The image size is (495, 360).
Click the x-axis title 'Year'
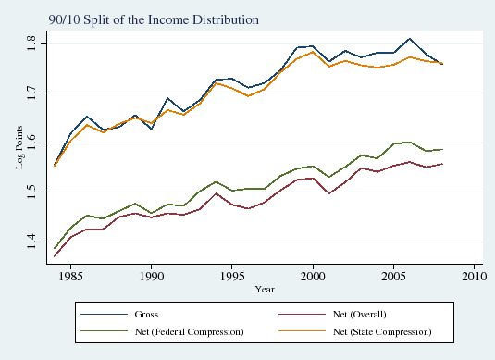coord(265,289)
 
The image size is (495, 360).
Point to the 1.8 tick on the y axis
coord(33,43)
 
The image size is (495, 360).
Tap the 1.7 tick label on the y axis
coord(33,93)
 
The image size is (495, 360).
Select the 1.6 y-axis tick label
coord(33,143)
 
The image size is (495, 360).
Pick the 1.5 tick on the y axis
coord(33,192)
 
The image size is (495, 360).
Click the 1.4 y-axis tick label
coord(33,242)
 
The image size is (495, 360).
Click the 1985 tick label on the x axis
coord(71,276)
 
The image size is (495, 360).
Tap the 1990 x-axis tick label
coord(152,276)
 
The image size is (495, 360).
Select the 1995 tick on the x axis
coord(232,276)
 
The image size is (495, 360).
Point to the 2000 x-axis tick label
coord(313,276)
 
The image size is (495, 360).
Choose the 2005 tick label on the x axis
coord(393,276)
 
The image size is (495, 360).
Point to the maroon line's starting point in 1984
coord(56,255)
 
